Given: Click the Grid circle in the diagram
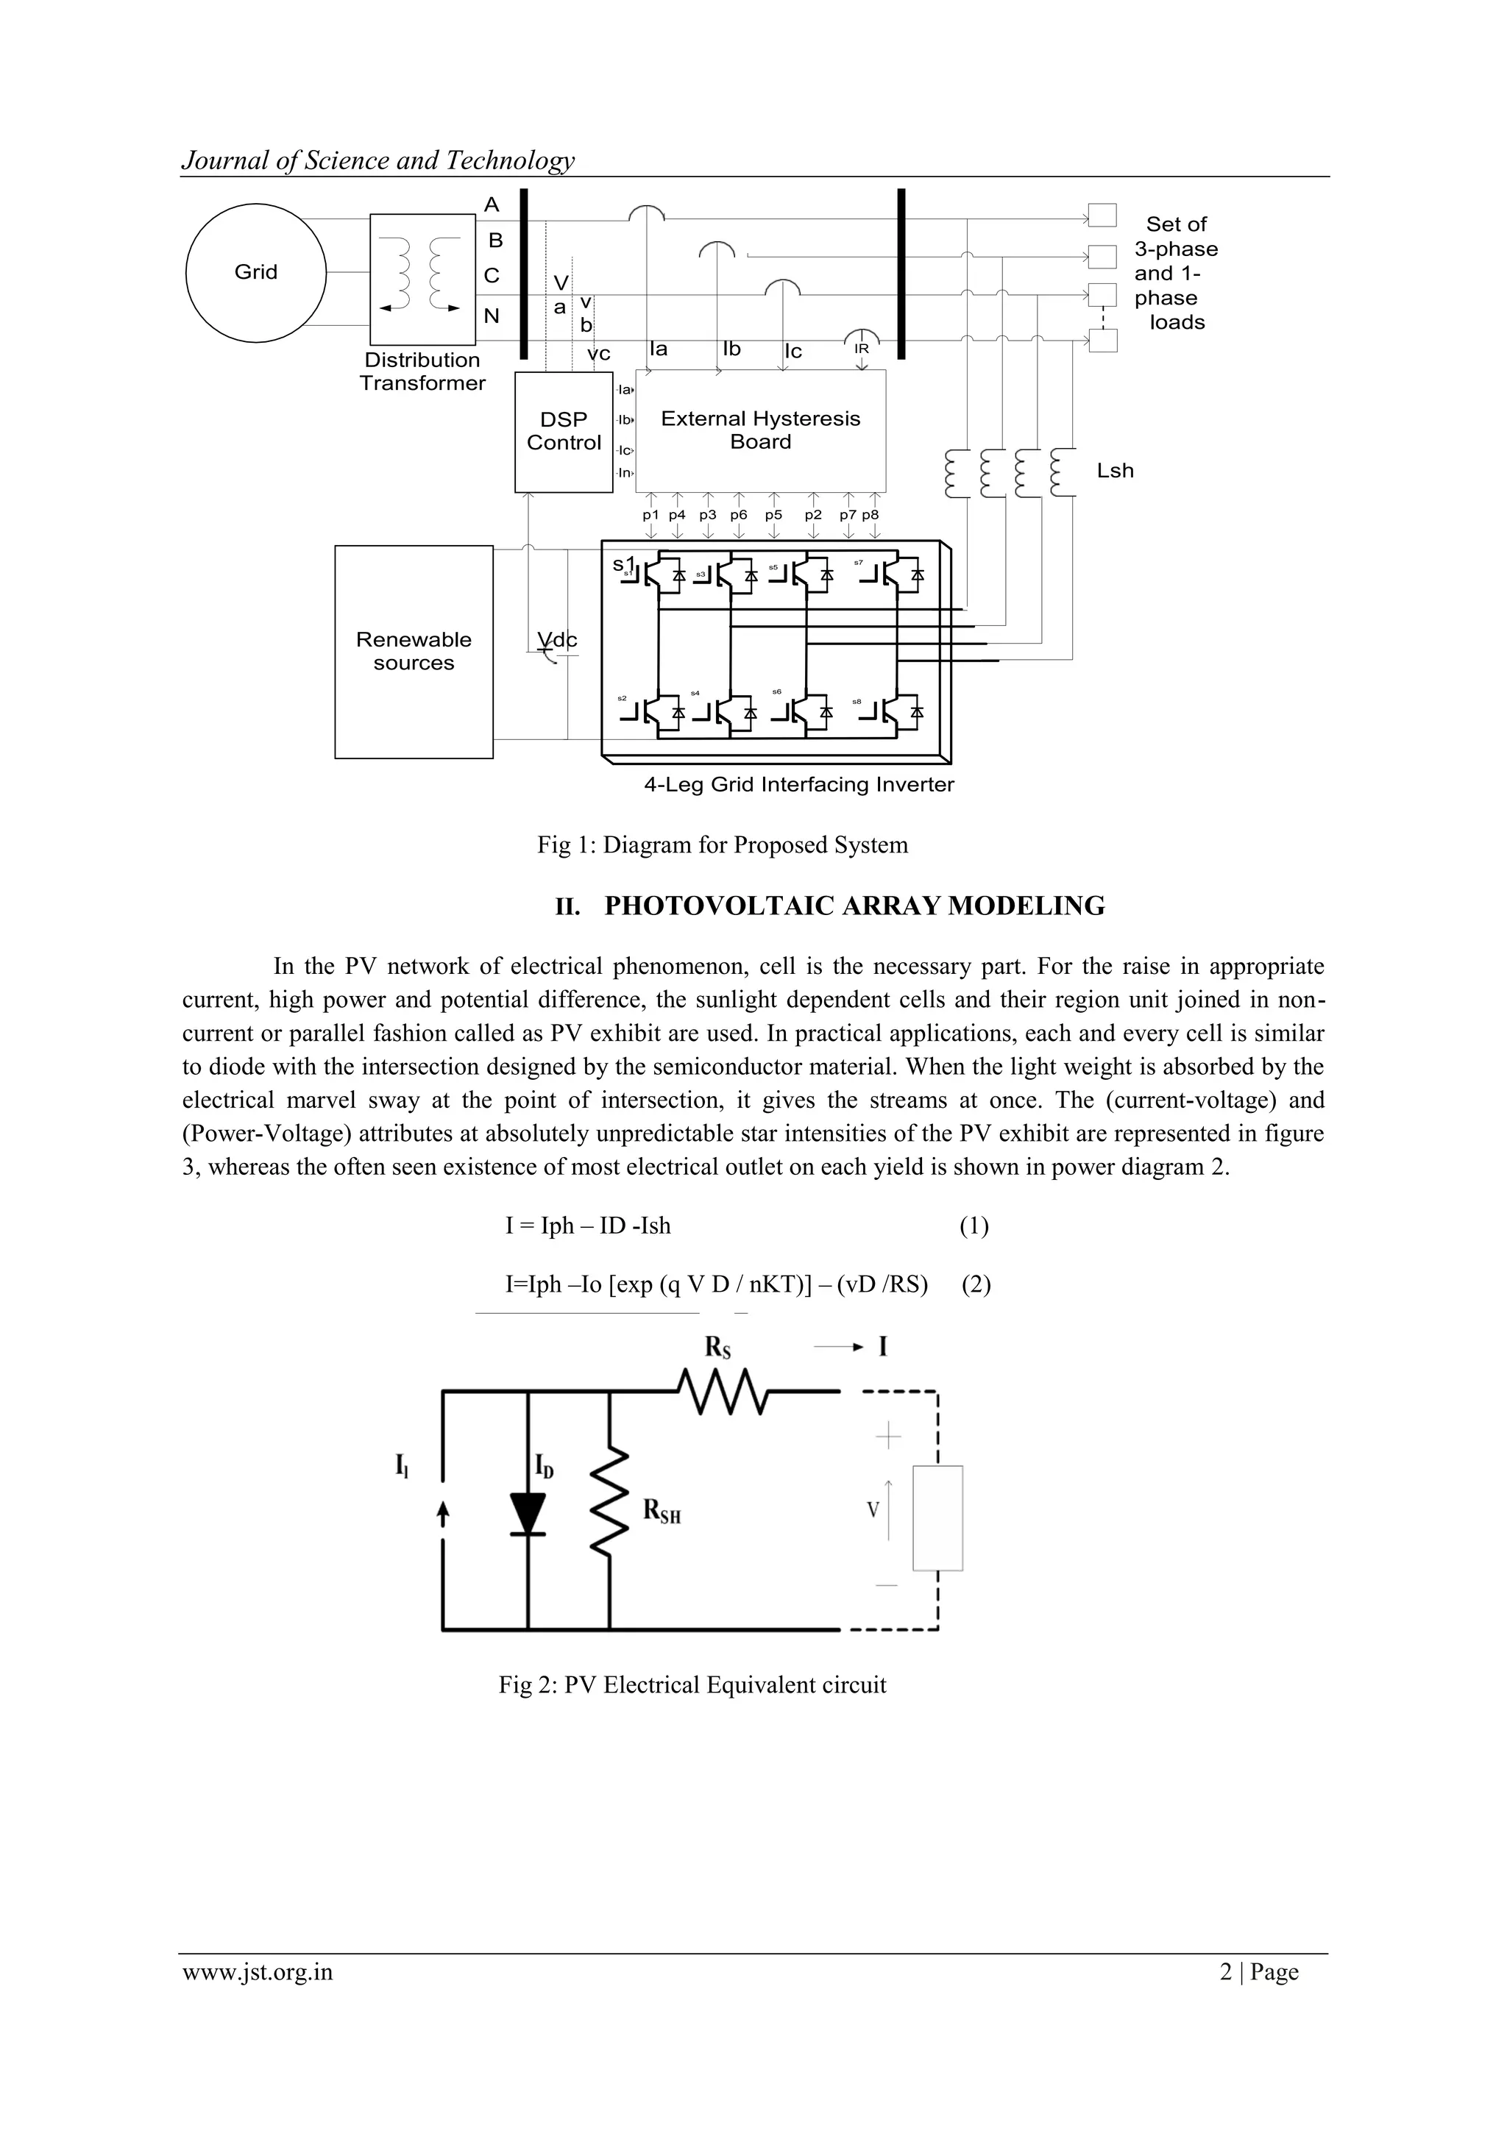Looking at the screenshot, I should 255,272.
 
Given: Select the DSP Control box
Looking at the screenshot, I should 564,432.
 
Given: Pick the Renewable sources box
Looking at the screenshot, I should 414,652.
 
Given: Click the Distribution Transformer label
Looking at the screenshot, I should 422,371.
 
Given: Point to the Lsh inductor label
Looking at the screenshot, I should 1114,471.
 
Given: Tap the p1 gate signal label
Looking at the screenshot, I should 651,514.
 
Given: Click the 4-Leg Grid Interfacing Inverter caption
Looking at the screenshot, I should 798,784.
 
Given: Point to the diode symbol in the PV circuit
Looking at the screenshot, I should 528,1514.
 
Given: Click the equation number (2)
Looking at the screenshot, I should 976,1284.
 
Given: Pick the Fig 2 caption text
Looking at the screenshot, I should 692,1684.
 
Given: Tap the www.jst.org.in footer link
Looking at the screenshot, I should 258,1971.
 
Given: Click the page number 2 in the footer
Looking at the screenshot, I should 1226,1971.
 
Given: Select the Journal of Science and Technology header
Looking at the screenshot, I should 378,160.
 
